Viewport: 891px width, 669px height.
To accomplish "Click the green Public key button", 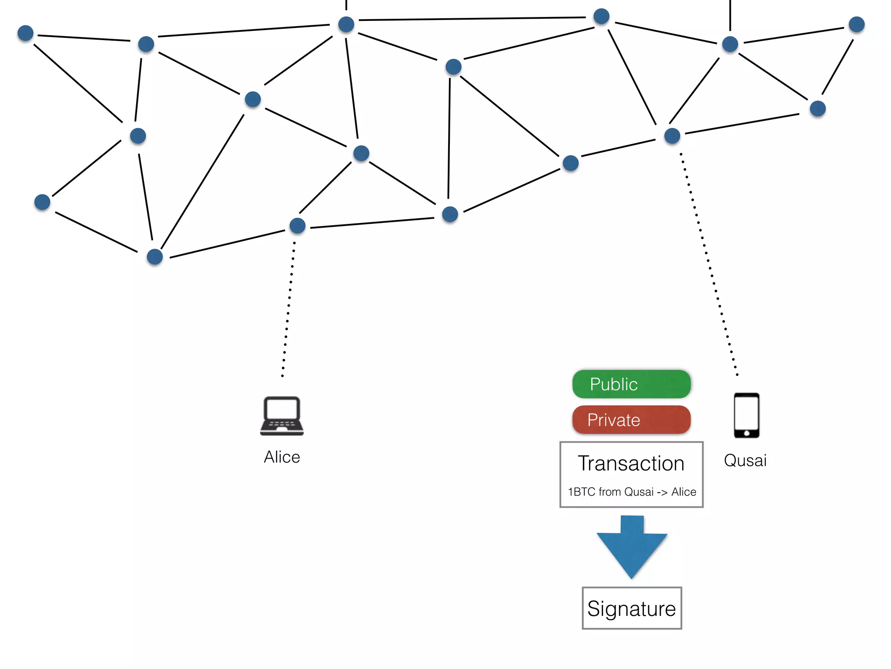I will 631,384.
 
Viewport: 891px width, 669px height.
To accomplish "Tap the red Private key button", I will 631,420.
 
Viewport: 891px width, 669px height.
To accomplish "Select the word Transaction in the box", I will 631,463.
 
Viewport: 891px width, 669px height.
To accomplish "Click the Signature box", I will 632,608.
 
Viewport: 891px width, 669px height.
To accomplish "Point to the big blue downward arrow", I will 632,549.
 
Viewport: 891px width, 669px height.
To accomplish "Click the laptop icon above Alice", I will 282,416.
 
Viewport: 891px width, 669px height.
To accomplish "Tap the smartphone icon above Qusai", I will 747,416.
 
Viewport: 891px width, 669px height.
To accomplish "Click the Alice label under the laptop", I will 282,457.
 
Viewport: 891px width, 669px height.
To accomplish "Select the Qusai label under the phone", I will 745,461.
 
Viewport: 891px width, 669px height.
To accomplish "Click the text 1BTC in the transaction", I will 582,492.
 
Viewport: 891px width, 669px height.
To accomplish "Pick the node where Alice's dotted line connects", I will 298,226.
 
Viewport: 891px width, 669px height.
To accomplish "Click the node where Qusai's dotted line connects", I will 672,136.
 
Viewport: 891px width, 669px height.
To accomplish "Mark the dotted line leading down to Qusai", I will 709,266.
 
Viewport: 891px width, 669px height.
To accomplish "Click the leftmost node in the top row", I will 26,33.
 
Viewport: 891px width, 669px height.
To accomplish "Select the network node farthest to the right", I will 857,24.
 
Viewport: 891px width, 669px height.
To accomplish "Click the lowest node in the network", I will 155,257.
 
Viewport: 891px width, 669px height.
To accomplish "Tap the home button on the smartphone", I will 747,433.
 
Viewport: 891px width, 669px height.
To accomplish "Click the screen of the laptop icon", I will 282,409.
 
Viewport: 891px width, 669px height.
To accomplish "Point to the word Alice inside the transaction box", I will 683,492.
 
